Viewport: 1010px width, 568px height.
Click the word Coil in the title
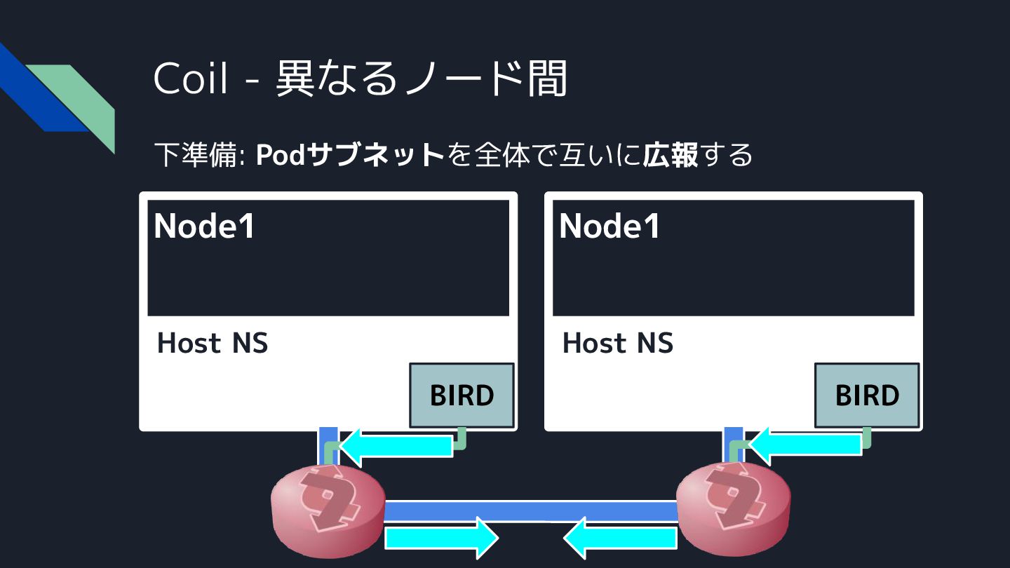pyautogui.click(x=191, y=79)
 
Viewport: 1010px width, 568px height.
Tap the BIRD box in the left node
pyautogui.click(x=462, y=395)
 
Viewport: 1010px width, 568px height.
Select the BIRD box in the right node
pyautogui.click(x=867, y=395)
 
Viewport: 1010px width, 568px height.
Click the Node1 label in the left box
pyautogui.click(x=204, y=226)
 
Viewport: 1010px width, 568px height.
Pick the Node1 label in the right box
pyautogui.click(x=610, y=226)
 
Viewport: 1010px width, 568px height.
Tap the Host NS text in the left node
pyautogui.click(x=213, y=343)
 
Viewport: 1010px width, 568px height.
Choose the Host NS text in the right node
pyautogui.click(x=618, y=343)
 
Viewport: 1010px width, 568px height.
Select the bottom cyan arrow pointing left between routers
pyautogui.click(x=621, y=539)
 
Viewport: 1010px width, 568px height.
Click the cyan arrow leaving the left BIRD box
pyautogui.click(x=396, y=447)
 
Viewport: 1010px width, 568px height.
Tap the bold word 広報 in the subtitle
pyautogui.click(x=671, y=155)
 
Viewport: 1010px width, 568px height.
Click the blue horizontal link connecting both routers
pyautogui.click(x=530, y=511)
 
